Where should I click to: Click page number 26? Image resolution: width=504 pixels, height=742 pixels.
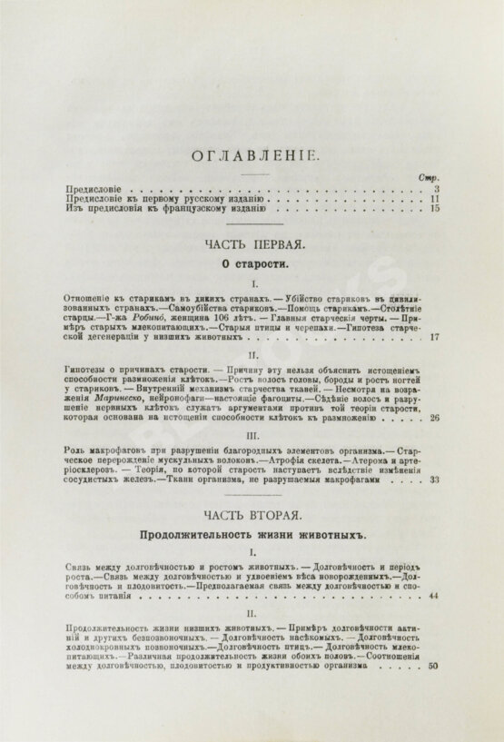[434, 418]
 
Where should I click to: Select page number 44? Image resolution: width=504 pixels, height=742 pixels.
[434, 596]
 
